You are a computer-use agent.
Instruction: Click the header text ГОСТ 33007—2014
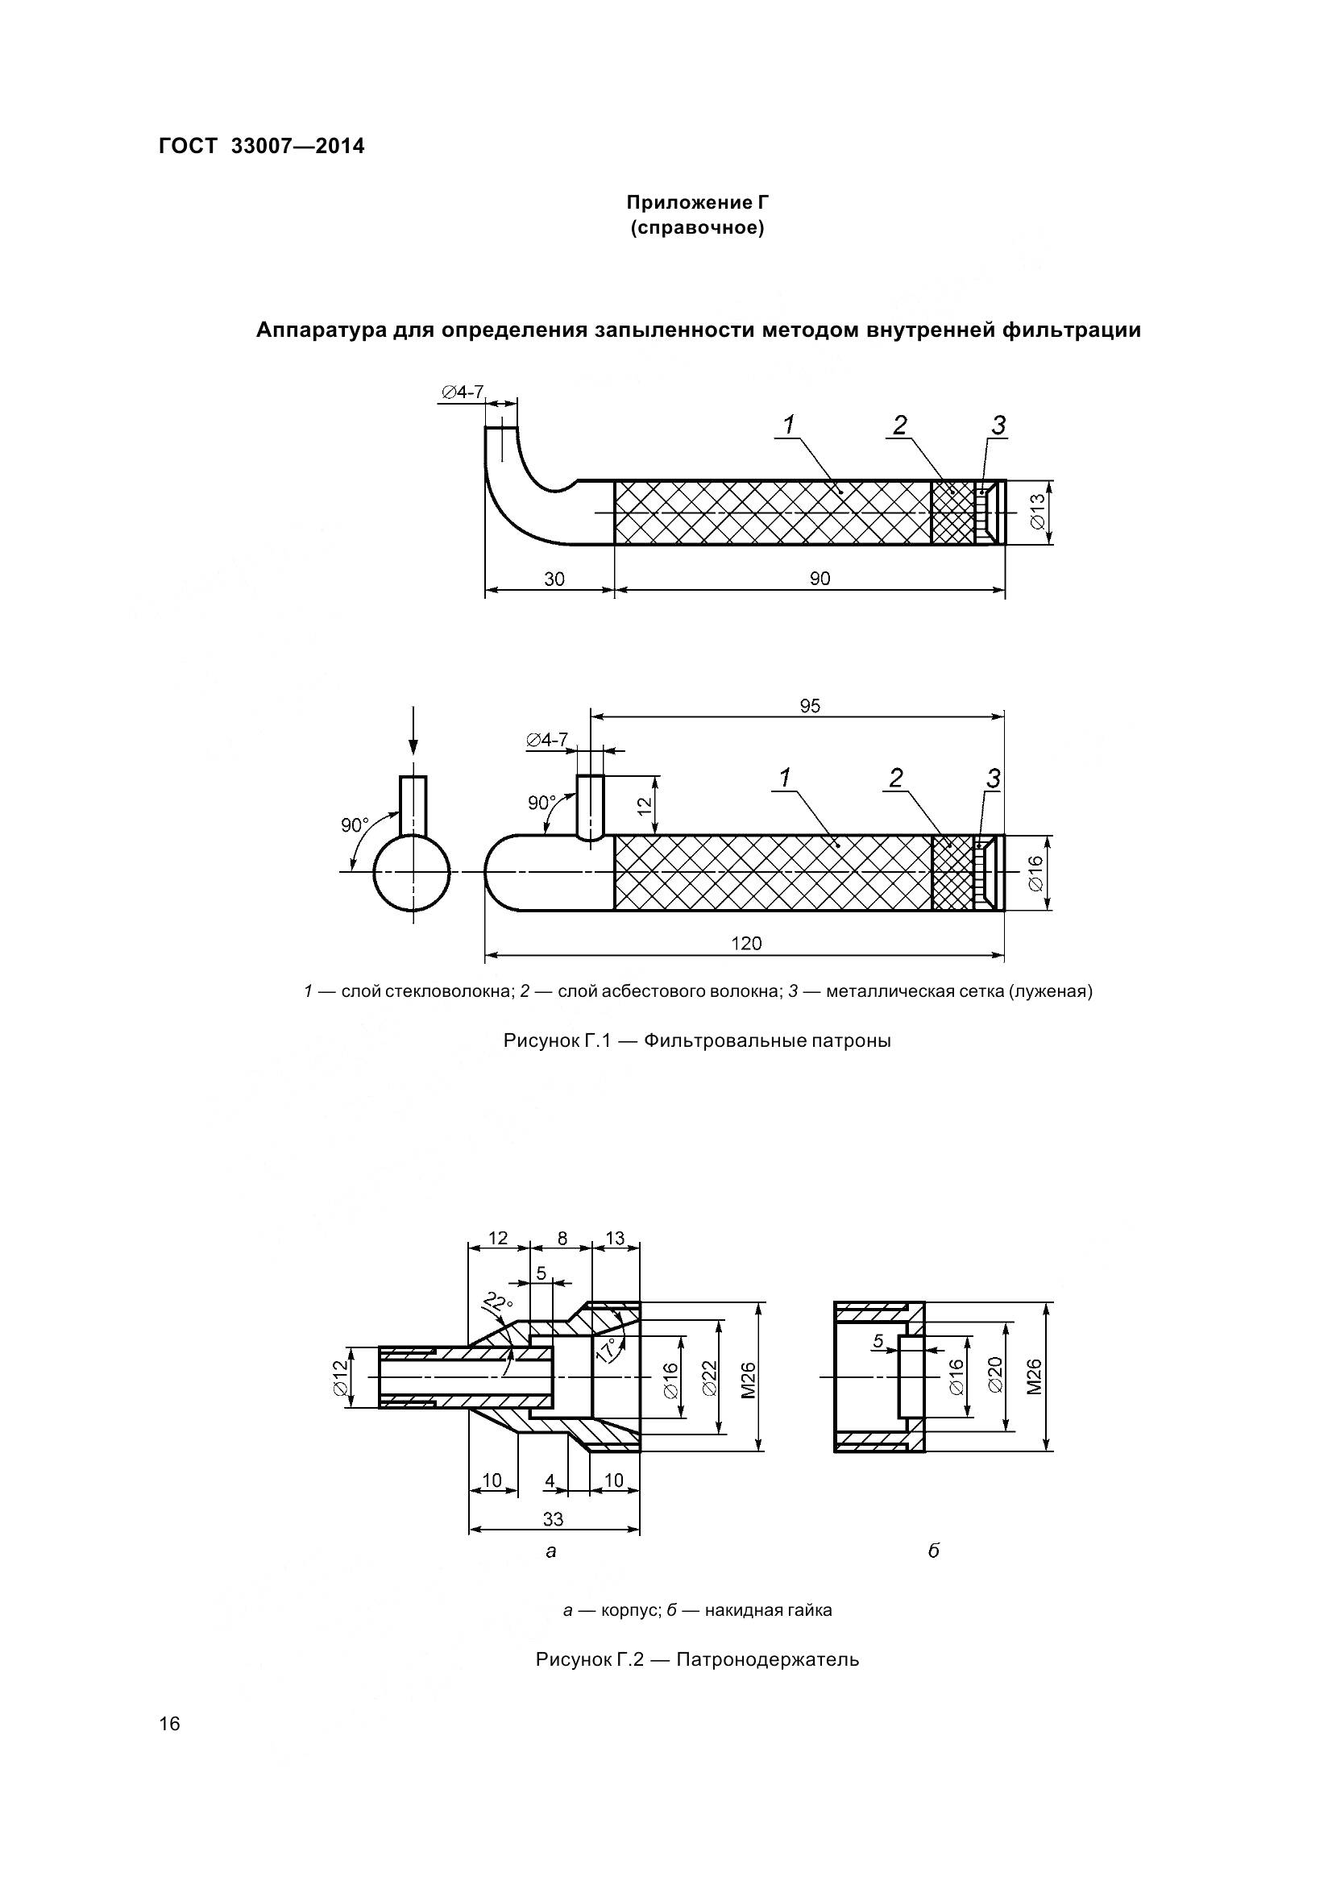pyautogui.click(x=261, y=146)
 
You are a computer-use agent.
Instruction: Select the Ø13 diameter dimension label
pyautogui.click(x=1035, y=513)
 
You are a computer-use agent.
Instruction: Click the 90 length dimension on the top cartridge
pyautogui.click(x=820, y=579)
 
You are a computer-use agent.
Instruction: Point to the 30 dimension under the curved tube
pyautogui.click(x=554, y=579)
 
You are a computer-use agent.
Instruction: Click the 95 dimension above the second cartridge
pyautogui.click(x=809, y=706)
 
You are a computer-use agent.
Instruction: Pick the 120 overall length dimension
pyautogui.click(x=746, y=944)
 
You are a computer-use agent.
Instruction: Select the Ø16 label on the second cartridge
pyautogui.click(x=1035, y=874)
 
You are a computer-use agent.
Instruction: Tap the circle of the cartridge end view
pyautogui.click(x=412, y=873)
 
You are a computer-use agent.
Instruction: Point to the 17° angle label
pyautogui.click(x=607, y=1349)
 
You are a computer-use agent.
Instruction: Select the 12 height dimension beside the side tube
pyautogui.click(x=646, y=805)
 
